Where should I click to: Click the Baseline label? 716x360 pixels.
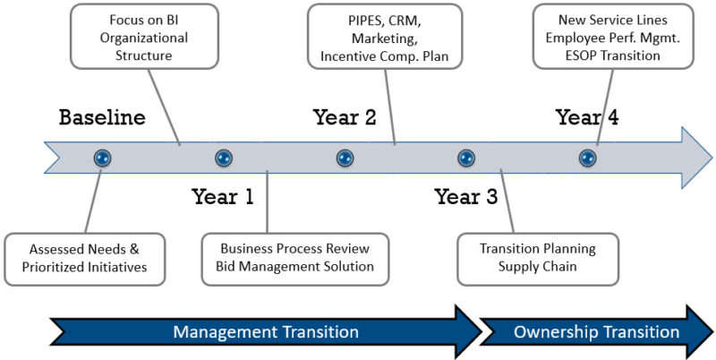(x=102, y=117)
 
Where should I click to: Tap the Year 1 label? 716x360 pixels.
(x=223, y=197)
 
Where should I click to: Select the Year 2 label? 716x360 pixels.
(x=345, y=117)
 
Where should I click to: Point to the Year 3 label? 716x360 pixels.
(x=466, y=197)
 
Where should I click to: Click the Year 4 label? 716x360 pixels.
(x=587, y=117)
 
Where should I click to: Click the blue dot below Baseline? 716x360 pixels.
(x=102, y=159)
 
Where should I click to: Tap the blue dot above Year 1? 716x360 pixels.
(x=224, y=159)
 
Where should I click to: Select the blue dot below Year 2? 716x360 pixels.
(x=345, y=159)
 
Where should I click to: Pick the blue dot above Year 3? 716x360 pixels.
(x=466, y=159)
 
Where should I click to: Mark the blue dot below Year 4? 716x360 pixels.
(x=587, y=159)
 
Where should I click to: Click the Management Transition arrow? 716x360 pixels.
(x=266, y=331)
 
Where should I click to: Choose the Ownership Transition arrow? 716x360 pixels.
(x=596, y=331)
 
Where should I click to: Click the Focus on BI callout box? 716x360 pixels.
(x=144, y=37)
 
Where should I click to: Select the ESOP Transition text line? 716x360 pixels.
(x=613, y=56)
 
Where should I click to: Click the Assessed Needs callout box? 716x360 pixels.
(x=84, y=259)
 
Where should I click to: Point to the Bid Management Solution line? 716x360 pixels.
(x=295, y=266)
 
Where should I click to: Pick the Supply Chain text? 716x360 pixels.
(x=538, y=266)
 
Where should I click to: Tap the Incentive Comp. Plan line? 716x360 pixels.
(x=385, y=56)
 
